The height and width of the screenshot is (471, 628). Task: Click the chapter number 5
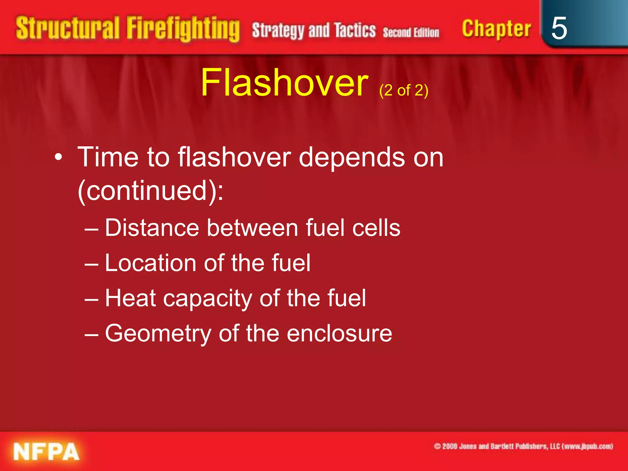(x=559, y=28)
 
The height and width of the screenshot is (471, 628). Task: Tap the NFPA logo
(x=46, y=451)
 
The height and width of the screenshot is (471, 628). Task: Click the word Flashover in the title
(x=284, y=83)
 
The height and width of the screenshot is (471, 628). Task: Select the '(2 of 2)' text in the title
(x=404, y=90)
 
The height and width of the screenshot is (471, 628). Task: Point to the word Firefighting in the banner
(x=183, y=29)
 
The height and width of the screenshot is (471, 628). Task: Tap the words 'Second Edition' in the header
(x=411, y=32)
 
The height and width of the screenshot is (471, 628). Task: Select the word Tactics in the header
(x=355, y=30)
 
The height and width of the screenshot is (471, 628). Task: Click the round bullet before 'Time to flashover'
(x=58, y=158)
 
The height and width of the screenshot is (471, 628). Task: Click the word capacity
(x=208, y=298)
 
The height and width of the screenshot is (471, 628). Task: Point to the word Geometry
(x=158, y=334)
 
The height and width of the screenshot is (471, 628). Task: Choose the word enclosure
(x=339, y=333)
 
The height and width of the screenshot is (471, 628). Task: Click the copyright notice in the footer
(x=523, y=446)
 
